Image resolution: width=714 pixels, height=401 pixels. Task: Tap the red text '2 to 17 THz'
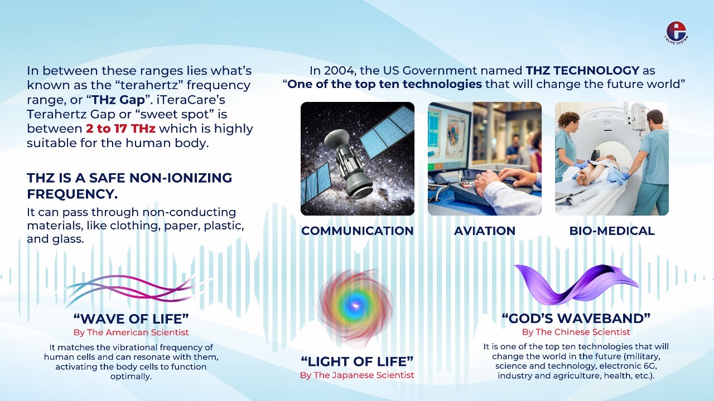120,129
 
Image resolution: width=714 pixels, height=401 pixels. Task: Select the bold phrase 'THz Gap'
118,100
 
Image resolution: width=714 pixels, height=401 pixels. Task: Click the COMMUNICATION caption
358,231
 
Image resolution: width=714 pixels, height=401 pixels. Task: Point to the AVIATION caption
485,231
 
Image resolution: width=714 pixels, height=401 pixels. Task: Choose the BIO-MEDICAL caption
612,231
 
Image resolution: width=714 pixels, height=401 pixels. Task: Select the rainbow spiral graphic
355,306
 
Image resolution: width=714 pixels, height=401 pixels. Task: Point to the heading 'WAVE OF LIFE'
131,319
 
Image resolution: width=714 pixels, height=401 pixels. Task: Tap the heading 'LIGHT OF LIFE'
357,361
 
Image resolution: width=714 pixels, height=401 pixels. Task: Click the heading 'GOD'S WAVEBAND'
576,318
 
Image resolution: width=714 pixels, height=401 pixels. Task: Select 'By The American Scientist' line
131,332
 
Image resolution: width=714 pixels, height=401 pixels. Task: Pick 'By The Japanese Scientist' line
357,375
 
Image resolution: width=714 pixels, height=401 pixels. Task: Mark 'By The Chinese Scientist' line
576,332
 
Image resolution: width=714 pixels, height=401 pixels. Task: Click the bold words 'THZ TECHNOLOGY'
582,70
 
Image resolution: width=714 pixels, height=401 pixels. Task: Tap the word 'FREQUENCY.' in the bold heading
73,194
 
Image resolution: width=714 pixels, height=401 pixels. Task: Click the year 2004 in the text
342,71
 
